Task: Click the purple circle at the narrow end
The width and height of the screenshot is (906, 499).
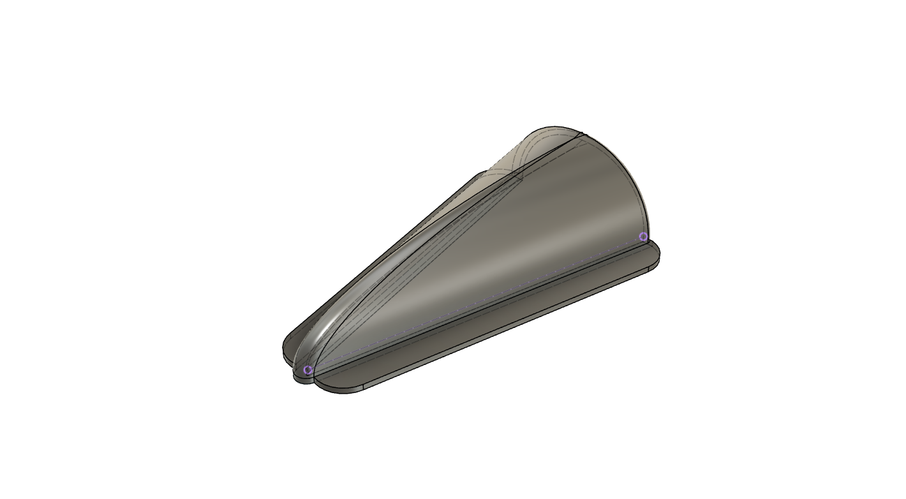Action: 309,370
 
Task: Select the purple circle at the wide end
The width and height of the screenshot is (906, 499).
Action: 643,237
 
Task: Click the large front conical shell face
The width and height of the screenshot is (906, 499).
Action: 510,242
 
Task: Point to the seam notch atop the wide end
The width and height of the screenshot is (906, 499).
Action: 581,135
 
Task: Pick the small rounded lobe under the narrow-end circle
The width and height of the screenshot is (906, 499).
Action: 303,378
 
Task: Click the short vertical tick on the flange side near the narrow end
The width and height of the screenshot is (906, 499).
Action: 363,387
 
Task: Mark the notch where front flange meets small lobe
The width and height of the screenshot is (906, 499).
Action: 314,382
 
